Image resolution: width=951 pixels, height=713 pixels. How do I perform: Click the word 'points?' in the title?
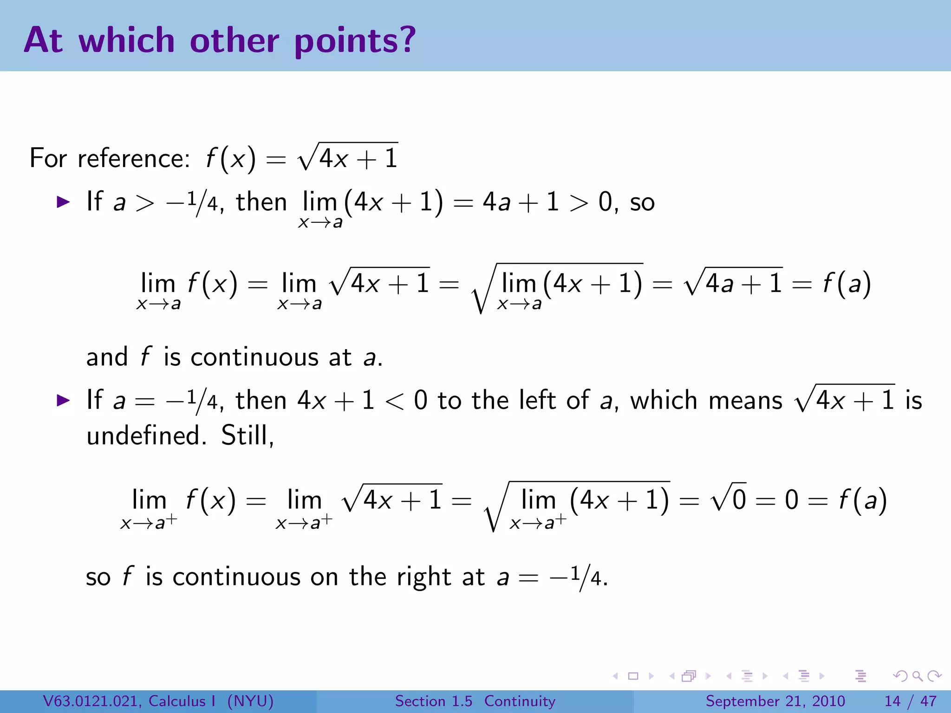pos(355,41)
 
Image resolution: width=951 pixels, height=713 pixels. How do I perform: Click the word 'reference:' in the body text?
pos(134,158)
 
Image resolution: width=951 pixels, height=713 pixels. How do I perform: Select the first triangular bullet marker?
pos(63,202)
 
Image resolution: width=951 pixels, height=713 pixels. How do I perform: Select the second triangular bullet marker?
pos(63,400)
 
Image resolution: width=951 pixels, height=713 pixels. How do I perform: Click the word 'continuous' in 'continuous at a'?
pos(254,357)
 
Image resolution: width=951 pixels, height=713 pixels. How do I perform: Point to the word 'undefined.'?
pos(146,435)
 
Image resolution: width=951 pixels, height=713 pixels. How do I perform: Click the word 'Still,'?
pos(248,435)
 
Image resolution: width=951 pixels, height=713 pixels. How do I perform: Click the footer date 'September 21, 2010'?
pos(775,701)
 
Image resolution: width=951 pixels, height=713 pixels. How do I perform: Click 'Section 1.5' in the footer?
pos(433,701)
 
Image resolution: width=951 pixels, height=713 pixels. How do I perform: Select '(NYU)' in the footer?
pos(250,701)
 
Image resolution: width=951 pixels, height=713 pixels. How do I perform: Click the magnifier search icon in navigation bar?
pos(917,676)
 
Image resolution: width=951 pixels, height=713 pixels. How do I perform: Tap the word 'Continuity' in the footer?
pos(520,701)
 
